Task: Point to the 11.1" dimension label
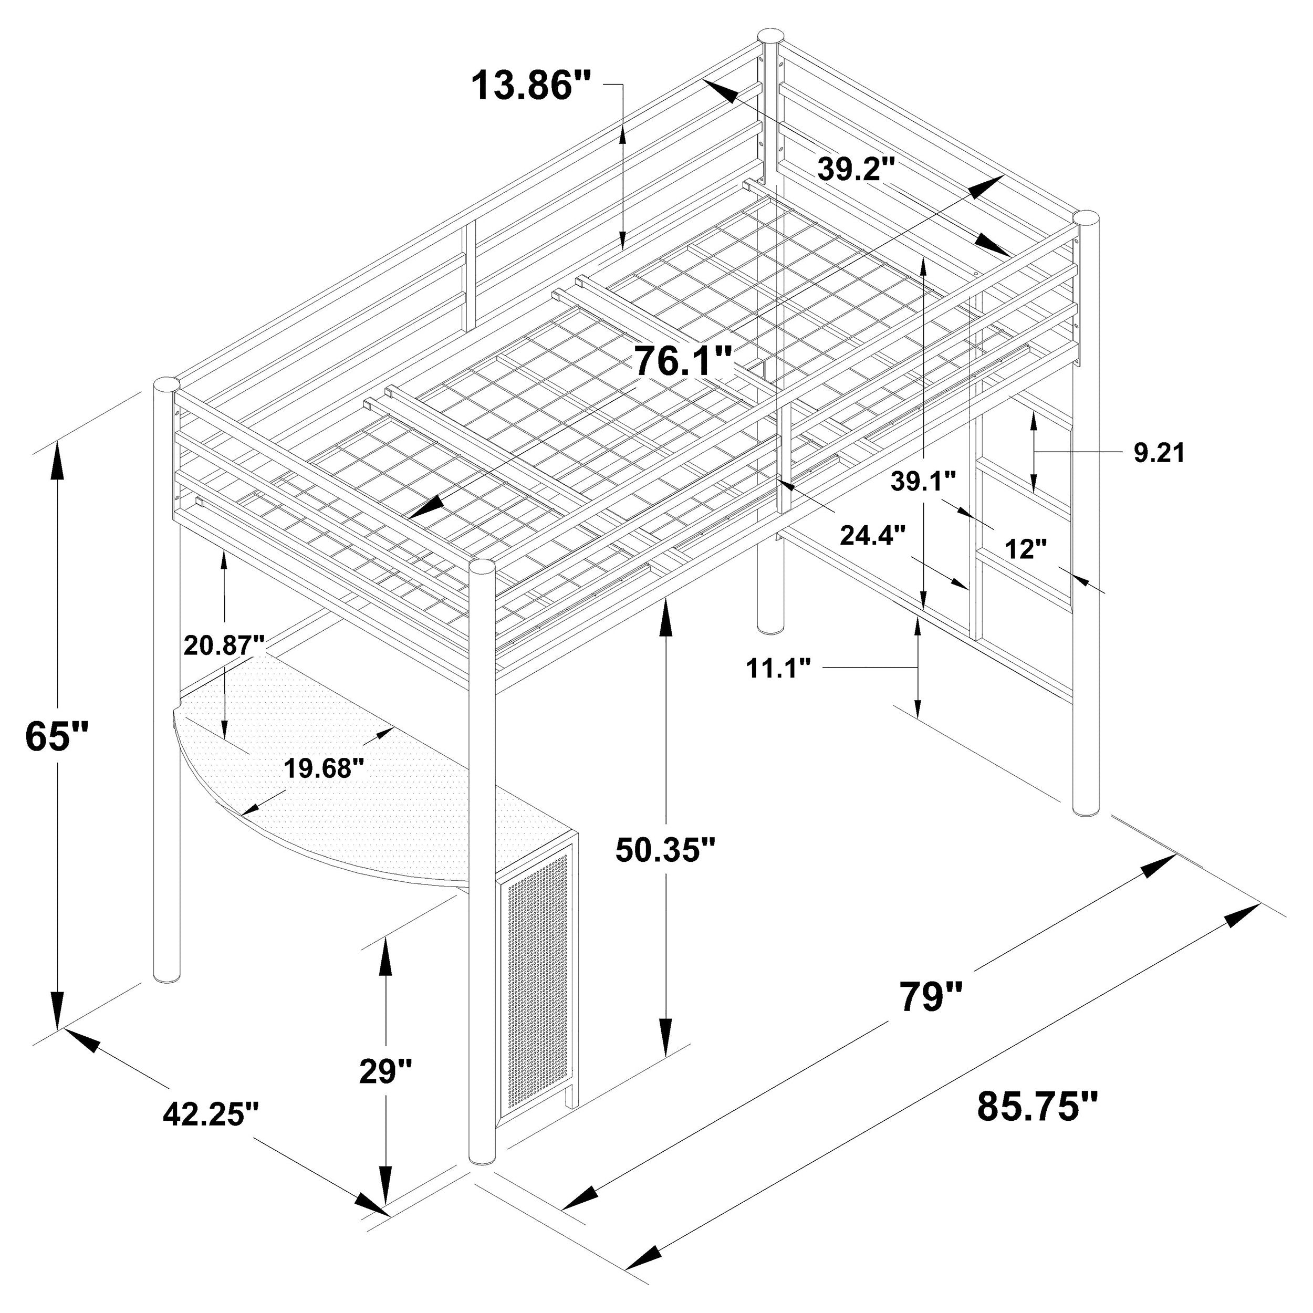click(779, 668)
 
